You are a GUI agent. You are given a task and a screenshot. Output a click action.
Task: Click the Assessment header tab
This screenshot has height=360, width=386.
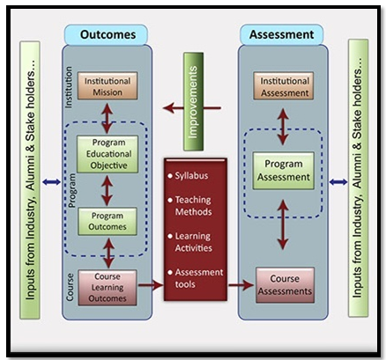pos(282,34)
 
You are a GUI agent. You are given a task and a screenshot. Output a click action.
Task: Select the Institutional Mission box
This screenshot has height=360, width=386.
pos(108,86)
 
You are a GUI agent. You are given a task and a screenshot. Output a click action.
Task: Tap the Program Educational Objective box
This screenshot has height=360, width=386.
pos(108,154)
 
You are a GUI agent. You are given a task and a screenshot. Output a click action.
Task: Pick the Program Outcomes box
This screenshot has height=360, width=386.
pos(108,222)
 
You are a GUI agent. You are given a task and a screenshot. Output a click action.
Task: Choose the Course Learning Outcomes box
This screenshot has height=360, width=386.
pos(108,288)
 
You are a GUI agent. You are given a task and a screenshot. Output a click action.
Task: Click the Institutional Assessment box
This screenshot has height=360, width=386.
pos(284,86)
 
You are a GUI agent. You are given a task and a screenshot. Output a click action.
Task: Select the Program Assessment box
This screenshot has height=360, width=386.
pos(284,171)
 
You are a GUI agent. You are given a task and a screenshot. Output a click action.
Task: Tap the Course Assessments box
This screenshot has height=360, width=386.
pos(285,285)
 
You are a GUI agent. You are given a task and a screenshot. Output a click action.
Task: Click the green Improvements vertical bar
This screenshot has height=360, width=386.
pos(193,101)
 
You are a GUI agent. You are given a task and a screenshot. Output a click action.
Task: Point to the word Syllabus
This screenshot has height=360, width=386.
pos(191,176)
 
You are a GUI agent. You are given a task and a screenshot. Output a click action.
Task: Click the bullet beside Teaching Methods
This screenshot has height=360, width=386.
pos(170,200)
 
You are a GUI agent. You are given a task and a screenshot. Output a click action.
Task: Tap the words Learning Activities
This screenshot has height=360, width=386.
pos(194,242)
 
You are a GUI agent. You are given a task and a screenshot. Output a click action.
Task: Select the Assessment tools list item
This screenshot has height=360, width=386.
pos(196,278)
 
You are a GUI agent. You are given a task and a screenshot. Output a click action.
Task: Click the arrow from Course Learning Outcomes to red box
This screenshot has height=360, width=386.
pos(151,284)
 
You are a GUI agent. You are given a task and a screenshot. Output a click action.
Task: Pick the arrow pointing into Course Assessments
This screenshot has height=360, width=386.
pos(241,284)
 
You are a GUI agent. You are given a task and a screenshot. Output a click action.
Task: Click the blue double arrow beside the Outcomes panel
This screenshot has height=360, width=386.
pos(51,182)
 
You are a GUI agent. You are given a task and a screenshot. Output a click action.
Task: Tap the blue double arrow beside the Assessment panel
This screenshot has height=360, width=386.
pos(338,182)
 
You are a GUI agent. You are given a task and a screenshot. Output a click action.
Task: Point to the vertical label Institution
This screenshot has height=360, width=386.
pos(69,87)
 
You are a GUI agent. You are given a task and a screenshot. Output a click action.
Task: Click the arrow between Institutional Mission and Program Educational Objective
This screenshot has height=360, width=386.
pos(108,118)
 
